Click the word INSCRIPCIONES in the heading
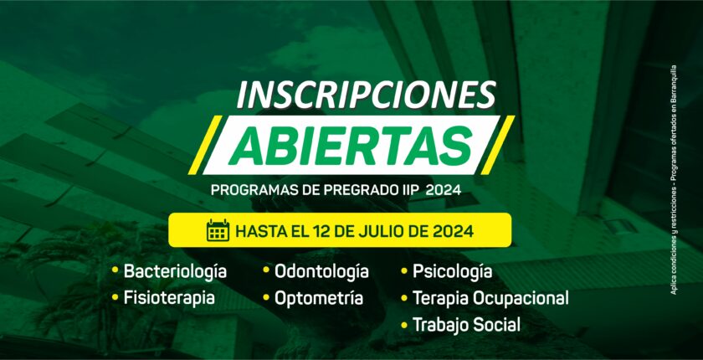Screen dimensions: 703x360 coord(367,95)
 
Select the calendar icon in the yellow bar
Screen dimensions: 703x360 coord(218,230)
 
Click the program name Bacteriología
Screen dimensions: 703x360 coord(175,272)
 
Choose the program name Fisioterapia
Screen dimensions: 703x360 coord(169,298)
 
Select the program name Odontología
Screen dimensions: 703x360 coord(321,272)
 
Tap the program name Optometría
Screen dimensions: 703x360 coord(319,298)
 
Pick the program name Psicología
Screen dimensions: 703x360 coord(453,272)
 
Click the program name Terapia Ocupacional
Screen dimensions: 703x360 coord(490,298)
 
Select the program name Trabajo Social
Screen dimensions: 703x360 coord(466,325)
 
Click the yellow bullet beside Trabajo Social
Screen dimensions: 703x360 coord(404,325)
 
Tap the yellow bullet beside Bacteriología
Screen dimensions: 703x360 coord(115,270)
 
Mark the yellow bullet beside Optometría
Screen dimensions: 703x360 coord(266,296)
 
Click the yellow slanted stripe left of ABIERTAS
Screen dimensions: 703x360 coord(205,145)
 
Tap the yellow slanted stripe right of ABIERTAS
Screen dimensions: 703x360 coord(497,145)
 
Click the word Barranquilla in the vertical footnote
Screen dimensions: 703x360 coord(674,90)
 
